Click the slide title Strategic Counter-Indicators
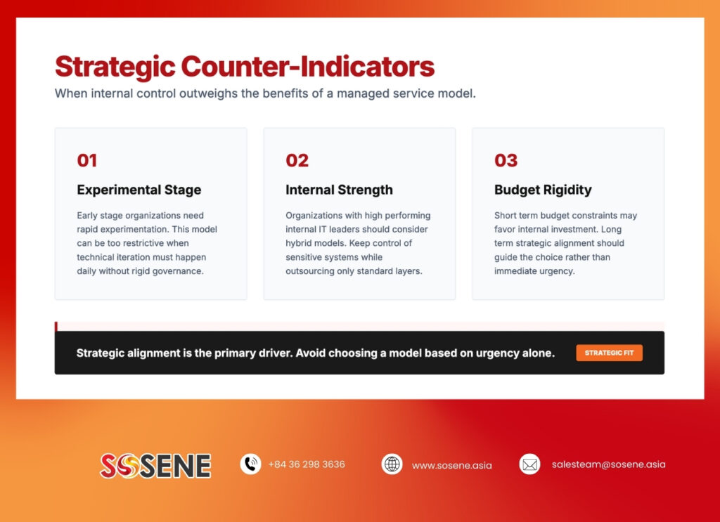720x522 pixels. [x=244, y=67]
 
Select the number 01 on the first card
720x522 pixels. [x=87, y=161]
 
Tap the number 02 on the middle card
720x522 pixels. [x=297, y=161]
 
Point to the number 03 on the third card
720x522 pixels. [x=506, y=161]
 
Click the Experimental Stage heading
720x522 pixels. [x=139, y=190]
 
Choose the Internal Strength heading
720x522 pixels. [x=339, y=190]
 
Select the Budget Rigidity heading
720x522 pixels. [x=543, y=190]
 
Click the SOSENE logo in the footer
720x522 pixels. [x=155, y=465]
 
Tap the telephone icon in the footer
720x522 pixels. [x=250, y=464]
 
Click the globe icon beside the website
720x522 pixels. [x=392, y=464]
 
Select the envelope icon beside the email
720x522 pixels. [x=529, y=464]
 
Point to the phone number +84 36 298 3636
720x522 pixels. [x=307, y=464]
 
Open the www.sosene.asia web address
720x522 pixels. [x=452, y=465]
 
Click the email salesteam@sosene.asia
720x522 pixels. [x=608, y=464]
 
